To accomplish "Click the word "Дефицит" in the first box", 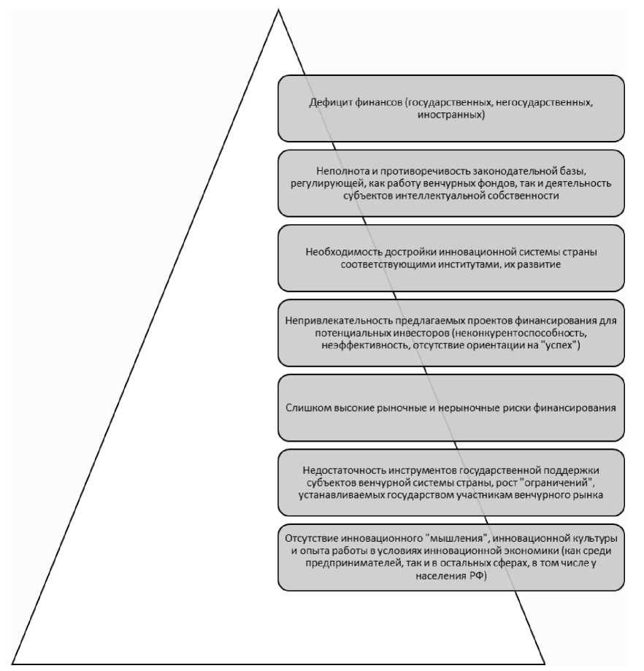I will pyautogui.click(x=327, y=101).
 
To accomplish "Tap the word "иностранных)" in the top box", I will pyautogui.click(x=451, y=114).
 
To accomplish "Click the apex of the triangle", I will pyautogui.click(x=278, y=9).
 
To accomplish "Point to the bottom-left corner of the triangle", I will pyautogui.click(x=13, y=662).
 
